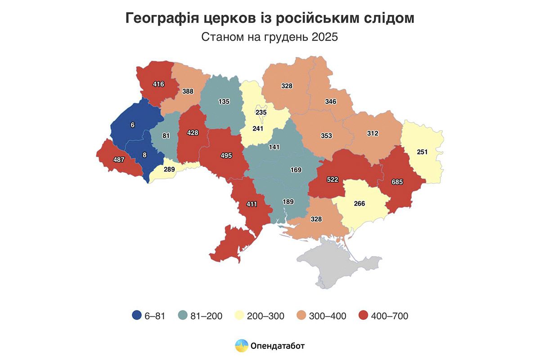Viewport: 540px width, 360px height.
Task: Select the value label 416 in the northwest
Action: click(x=158, y=84)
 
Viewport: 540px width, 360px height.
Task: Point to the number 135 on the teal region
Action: click(x=223, y=101)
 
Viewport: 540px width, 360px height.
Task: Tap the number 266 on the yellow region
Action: click(x=359, y=203)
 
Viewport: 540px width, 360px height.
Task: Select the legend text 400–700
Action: click(x=390, y=316)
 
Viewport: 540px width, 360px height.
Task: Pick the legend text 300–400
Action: click(x=328, y=316)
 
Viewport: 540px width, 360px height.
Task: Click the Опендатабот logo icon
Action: click(x=242, y=346)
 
